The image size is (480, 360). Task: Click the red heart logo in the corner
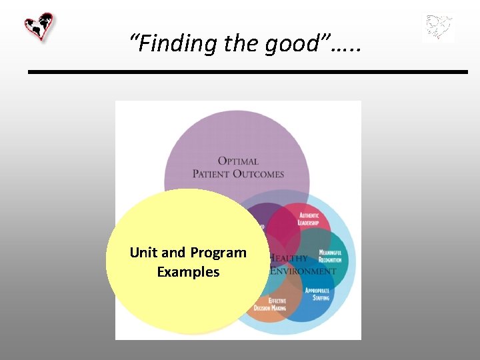click(39, 27)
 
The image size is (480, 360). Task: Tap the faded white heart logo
click(439, 28)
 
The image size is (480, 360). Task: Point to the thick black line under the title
click(247, 71)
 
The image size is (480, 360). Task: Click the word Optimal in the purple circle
click(238, 161)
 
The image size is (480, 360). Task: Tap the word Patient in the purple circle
click(211, 174)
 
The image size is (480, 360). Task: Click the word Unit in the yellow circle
click(143, 253)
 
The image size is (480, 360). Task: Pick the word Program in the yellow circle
click(218, 253)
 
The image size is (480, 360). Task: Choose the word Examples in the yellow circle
click(188, 272)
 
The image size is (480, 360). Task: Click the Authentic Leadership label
click(309, 219)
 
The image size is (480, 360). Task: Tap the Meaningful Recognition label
click(330, 255)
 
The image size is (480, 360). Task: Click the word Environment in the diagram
click(303, 271)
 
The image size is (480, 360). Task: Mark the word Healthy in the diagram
click(289, 258)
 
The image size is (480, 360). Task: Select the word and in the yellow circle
click(173, 253)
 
